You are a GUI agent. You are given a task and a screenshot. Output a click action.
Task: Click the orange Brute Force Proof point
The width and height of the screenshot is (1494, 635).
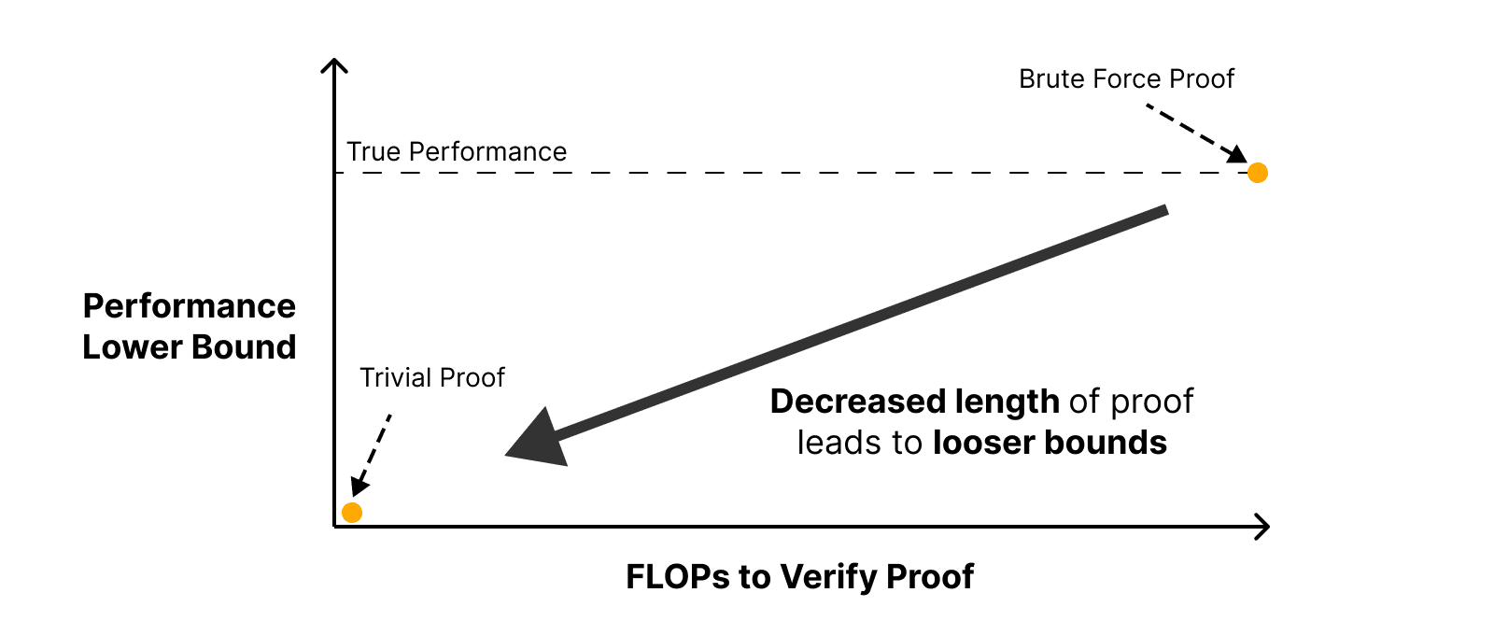tap(1258, 173)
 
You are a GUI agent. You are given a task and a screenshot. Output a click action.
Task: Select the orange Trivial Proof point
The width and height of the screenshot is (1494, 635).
tap(352, 513)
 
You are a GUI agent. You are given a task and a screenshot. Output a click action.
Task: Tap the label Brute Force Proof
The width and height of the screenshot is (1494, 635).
tap(1126, 79)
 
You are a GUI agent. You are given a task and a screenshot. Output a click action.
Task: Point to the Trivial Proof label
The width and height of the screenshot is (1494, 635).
tap(432, 378)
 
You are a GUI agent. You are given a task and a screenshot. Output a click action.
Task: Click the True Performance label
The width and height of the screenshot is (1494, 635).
tap(457, 152)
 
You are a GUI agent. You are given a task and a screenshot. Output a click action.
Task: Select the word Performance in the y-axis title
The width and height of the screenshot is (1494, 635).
tap(190, 306)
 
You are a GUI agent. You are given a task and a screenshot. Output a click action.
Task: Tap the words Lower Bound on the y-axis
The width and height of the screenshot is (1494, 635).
tap(190, 347)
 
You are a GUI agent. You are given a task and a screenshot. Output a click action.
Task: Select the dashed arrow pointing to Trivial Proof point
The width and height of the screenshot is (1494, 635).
tap(373, 454)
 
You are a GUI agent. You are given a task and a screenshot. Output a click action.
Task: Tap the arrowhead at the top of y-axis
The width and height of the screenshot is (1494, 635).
tap(334, 64)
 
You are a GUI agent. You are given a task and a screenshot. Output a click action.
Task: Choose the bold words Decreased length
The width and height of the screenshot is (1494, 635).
tap(914, 402)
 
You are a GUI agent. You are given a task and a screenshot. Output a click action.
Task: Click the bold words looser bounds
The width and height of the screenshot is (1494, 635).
tap(1050, 443)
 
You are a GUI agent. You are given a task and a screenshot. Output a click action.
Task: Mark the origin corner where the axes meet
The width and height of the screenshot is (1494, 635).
tap(335, 527)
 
